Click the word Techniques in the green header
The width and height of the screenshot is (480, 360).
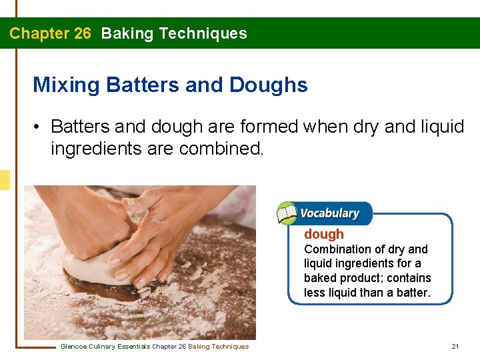[x=208, y=33]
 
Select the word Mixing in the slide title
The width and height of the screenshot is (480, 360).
[x=67, y=85]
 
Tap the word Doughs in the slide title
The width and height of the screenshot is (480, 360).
[x=268, y=85]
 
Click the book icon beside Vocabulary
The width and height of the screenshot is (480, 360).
[x=287, y=213]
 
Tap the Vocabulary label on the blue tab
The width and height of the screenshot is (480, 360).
[x=329, y=213]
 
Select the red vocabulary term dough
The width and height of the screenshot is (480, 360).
[x=324, y=234]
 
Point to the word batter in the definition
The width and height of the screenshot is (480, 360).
[x=411, y=292]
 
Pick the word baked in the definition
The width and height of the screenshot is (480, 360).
[x=321, y=278]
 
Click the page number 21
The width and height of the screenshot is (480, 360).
[x=455, y=346]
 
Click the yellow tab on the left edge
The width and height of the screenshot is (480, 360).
[x=5, y=180]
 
